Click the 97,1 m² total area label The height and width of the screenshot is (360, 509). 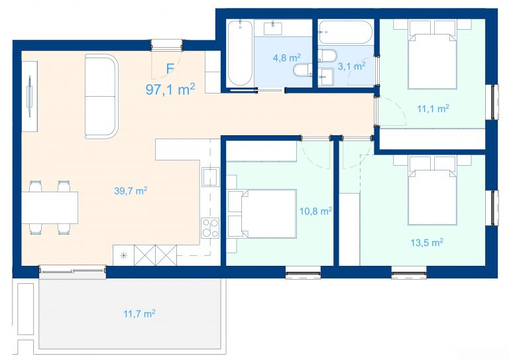[x=170, y=90]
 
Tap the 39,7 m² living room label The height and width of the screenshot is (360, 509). [x=131, y=190]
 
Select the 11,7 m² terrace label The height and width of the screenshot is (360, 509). [x=139, y=314]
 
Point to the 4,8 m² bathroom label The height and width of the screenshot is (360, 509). [x=286, y=58]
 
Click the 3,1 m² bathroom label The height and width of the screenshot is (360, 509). [x=351, y=66]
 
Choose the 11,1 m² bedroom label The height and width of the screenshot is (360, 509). [x=433, y=109]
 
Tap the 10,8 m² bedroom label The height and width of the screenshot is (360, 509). [x=315, y=211]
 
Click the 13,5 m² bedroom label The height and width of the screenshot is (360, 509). [x=427, y=242]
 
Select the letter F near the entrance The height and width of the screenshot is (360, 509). [x=170, y=69]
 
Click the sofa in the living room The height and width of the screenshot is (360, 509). [x=101, y=97]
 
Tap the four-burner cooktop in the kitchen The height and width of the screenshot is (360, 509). [x=210, y=227]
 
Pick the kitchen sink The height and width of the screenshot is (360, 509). [x=210, y=177]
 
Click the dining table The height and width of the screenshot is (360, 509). [x=50, y=208]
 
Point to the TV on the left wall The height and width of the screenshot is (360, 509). [x=30, y=96]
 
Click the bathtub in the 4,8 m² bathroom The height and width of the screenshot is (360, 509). [x=240, y=53]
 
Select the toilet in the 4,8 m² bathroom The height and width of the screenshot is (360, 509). [x=302, y=70]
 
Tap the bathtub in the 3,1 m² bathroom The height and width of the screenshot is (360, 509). [x=345, y=32]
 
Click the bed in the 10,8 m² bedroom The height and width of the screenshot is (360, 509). [x=262, y=214]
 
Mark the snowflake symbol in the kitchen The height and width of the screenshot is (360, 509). [x=124, y=255]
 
